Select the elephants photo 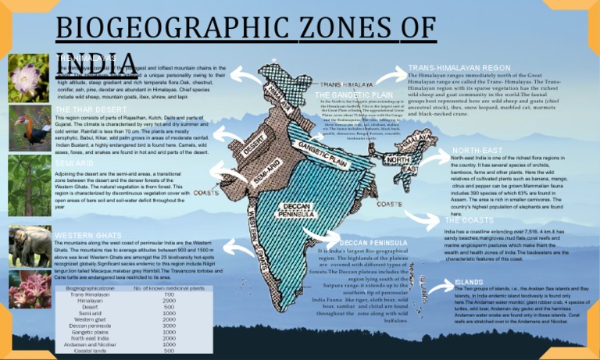(30, 245)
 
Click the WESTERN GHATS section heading (88, 235)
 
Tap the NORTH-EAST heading (479, 149)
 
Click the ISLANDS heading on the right (469, 281)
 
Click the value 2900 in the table (168, 301)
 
